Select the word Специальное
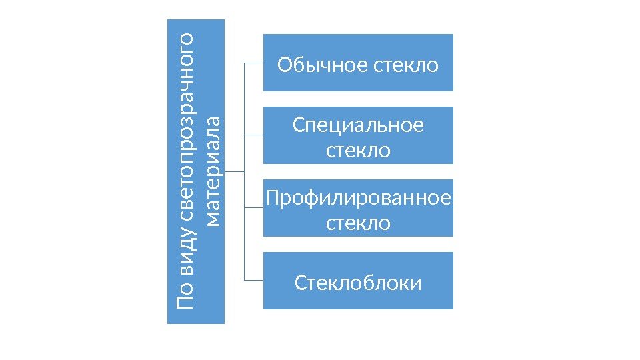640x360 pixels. [358, 125]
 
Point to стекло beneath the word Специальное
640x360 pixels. [358, 151]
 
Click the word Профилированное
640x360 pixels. [358, 198]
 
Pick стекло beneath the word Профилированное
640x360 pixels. [358, 223]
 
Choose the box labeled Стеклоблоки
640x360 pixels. [358, 283]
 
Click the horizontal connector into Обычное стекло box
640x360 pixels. [254, 63]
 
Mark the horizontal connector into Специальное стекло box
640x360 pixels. [254, 135]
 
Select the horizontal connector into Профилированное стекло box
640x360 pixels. [254, 207]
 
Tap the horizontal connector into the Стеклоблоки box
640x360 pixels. [254, 280]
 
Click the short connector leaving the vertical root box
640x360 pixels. [235, 171]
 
